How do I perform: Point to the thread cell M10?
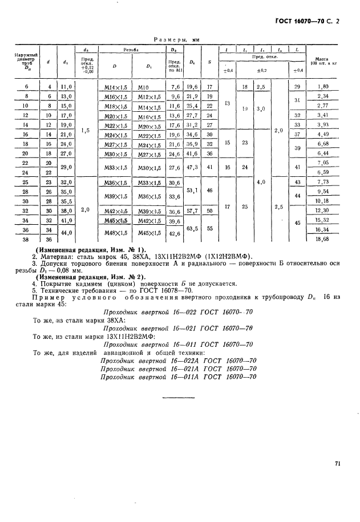point(143,87)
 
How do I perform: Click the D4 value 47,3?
point(192,168)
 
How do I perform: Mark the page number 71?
point(338,464)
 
